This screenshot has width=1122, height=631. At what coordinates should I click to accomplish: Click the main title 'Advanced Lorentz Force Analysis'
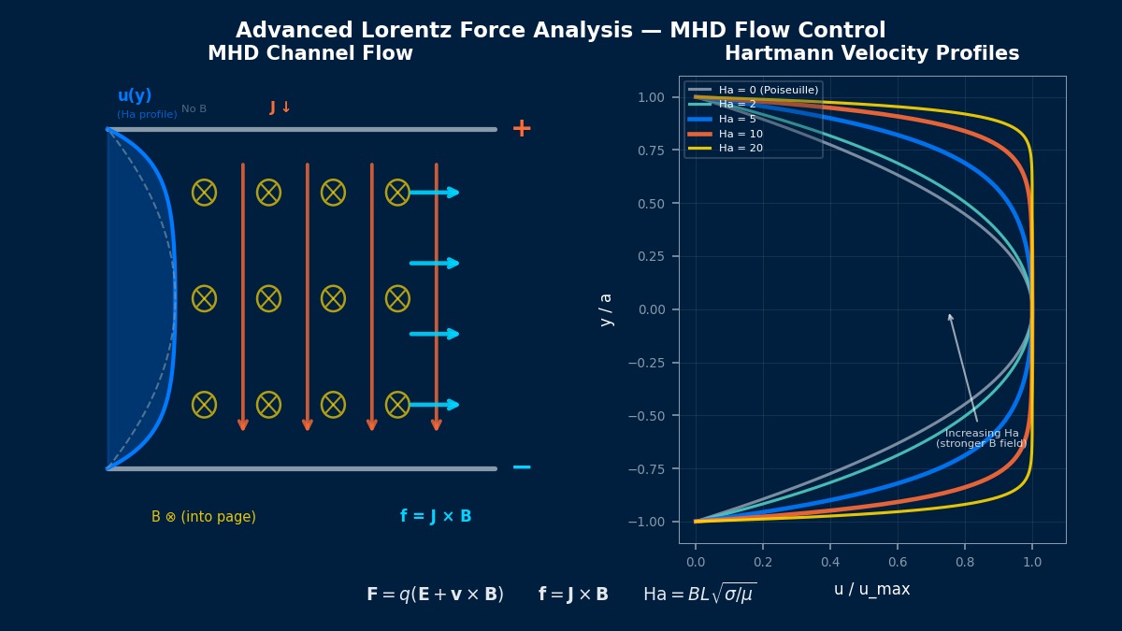[x=560, y=31]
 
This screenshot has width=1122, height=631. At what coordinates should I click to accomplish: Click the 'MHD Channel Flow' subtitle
[x=309, y=54]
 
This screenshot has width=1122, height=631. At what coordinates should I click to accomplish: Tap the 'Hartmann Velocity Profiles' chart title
[x=871, y=54]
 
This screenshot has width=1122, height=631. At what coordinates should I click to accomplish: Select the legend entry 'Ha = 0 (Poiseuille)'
[x=768, y=90]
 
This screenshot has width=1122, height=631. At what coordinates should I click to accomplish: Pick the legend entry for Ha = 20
[x=741, y=148]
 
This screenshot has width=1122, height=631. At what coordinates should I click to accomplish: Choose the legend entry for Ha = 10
[x=741, y=134]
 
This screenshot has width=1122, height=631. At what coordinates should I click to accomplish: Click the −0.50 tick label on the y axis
[x=650, y=415]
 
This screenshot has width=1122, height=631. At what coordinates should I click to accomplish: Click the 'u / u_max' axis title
[x=871, y=589]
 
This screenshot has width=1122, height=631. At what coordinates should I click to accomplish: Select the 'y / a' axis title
[x=606, y=309]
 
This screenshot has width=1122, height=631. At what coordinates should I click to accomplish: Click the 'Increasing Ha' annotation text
[x=982, y=434]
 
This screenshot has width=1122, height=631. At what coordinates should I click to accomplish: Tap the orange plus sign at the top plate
[x=522, y=128]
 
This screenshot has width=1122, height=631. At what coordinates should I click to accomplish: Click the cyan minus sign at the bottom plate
[x=522, y=467]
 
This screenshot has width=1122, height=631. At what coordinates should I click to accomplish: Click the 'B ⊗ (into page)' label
[x=204, y=517]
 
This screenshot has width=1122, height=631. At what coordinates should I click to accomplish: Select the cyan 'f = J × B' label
[x=436, y=516]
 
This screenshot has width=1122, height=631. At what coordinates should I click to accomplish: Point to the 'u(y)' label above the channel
[x=135, y=95]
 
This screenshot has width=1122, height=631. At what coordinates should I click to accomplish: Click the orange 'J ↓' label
[x=280, y=108]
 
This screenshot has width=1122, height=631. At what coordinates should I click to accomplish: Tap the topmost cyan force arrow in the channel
[x=435, y=193]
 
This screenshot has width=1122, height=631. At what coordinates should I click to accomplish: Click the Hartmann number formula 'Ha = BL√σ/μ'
[x=699, y=594]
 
